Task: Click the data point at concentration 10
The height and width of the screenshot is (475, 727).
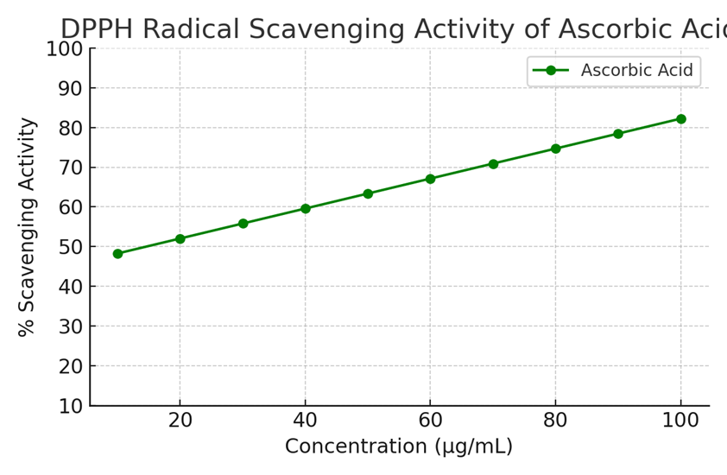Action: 117,254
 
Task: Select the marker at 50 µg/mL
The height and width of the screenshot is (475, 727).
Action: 368,193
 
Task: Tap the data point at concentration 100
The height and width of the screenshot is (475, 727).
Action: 680,119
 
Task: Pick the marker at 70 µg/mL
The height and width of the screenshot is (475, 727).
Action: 493,164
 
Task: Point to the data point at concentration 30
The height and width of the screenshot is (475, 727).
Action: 243,224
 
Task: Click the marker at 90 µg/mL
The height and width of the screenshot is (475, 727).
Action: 618,134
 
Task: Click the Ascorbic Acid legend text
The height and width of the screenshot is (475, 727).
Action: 636,71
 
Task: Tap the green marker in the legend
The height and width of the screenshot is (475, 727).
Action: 551,71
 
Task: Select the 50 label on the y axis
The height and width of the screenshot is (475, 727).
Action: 69,247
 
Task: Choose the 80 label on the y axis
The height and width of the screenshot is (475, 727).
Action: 69,128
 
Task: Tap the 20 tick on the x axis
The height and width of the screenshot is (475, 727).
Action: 180,421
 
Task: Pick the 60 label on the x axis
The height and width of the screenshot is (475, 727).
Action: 430,421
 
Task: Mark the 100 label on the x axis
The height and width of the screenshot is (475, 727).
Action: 680,421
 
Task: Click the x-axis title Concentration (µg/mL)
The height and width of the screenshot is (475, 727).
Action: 399,447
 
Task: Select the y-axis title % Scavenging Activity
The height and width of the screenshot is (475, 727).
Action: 28,226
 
